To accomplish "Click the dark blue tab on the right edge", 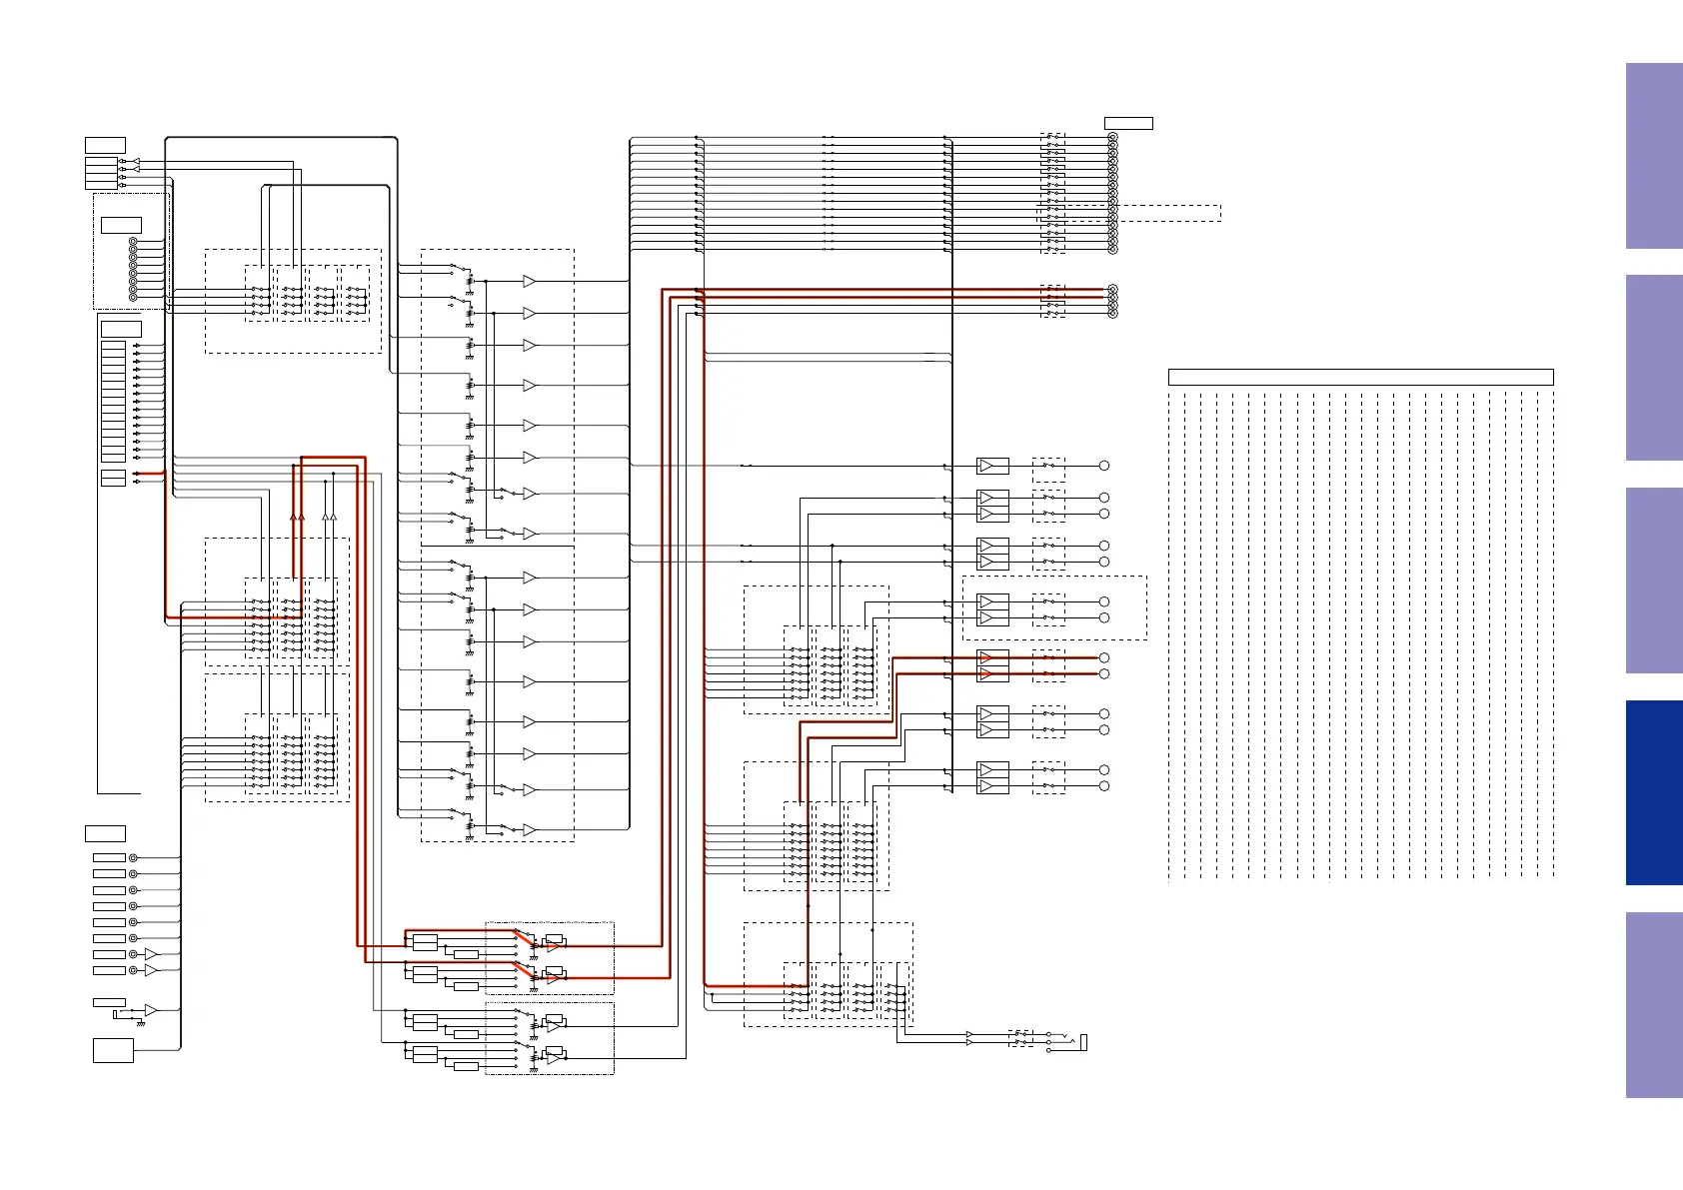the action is (1653, 792).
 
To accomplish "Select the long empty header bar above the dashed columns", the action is (1360, 377).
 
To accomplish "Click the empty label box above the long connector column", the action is (1128, 123).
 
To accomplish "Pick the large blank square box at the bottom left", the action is (113, 1050).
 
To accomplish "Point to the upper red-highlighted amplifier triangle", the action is (986, 657).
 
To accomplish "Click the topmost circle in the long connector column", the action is (1112, 138).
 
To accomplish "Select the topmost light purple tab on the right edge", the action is (1653, 156).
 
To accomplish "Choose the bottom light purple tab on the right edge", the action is (1653, 1004).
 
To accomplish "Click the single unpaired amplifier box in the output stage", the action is (992, 466).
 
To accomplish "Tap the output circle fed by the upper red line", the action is (1104, 657).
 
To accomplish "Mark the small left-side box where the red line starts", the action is (113, 474).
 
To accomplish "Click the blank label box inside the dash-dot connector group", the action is (121, 225).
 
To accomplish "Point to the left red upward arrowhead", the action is (294, 517).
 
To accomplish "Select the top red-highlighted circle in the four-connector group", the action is (1112, 290).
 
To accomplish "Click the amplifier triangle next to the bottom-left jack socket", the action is (150, 1010).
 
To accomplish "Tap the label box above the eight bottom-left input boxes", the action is (105, 833).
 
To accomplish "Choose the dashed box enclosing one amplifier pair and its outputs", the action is (1054, 607).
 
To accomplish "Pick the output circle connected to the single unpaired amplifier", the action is (1104, 466).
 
